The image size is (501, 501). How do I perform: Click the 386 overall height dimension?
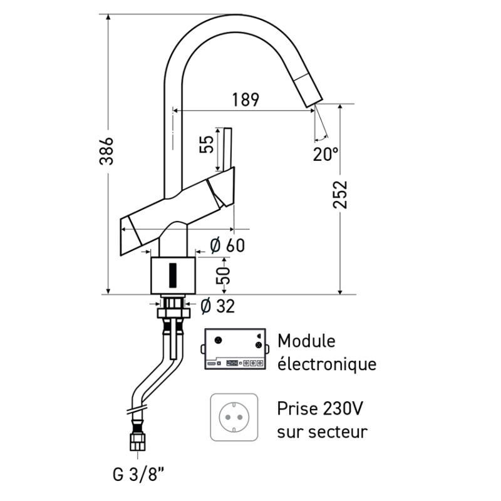point(108,150)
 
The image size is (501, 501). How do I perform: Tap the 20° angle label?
point(326,153)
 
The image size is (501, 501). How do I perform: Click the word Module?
point(306,341)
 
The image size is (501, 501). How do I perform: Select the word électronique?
point(326,364)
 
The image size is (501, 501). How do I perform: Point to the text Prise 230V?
point(319,409)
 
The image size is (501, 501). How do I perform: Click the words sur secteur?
point(322,431)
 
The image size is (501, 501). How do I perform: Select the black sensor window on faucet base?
point(173,273)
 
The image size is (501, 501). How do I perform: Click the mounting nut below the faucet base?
point(172,310)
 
